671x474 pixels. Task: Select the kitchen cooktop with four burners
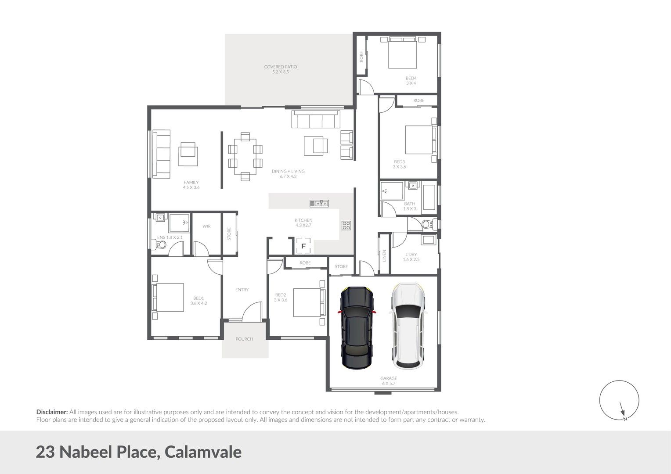[x=346, y=226]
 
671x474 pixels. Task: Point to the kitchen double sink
[x=319, y=203]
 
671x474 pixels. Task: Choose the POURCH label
[x=244, y=339]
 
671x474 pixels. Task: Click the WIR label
[x=206, y=226]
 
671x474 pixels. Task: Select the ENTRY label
[x=242, y=290]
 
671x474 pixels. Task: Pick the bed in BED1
[x=168, y=297]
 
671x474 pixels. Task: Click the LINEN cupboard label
[x=384, y=255]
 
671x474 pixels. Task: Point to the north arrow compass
[x=619, y=400]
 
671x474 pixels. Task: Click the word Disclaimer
[x=52, y=412]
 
